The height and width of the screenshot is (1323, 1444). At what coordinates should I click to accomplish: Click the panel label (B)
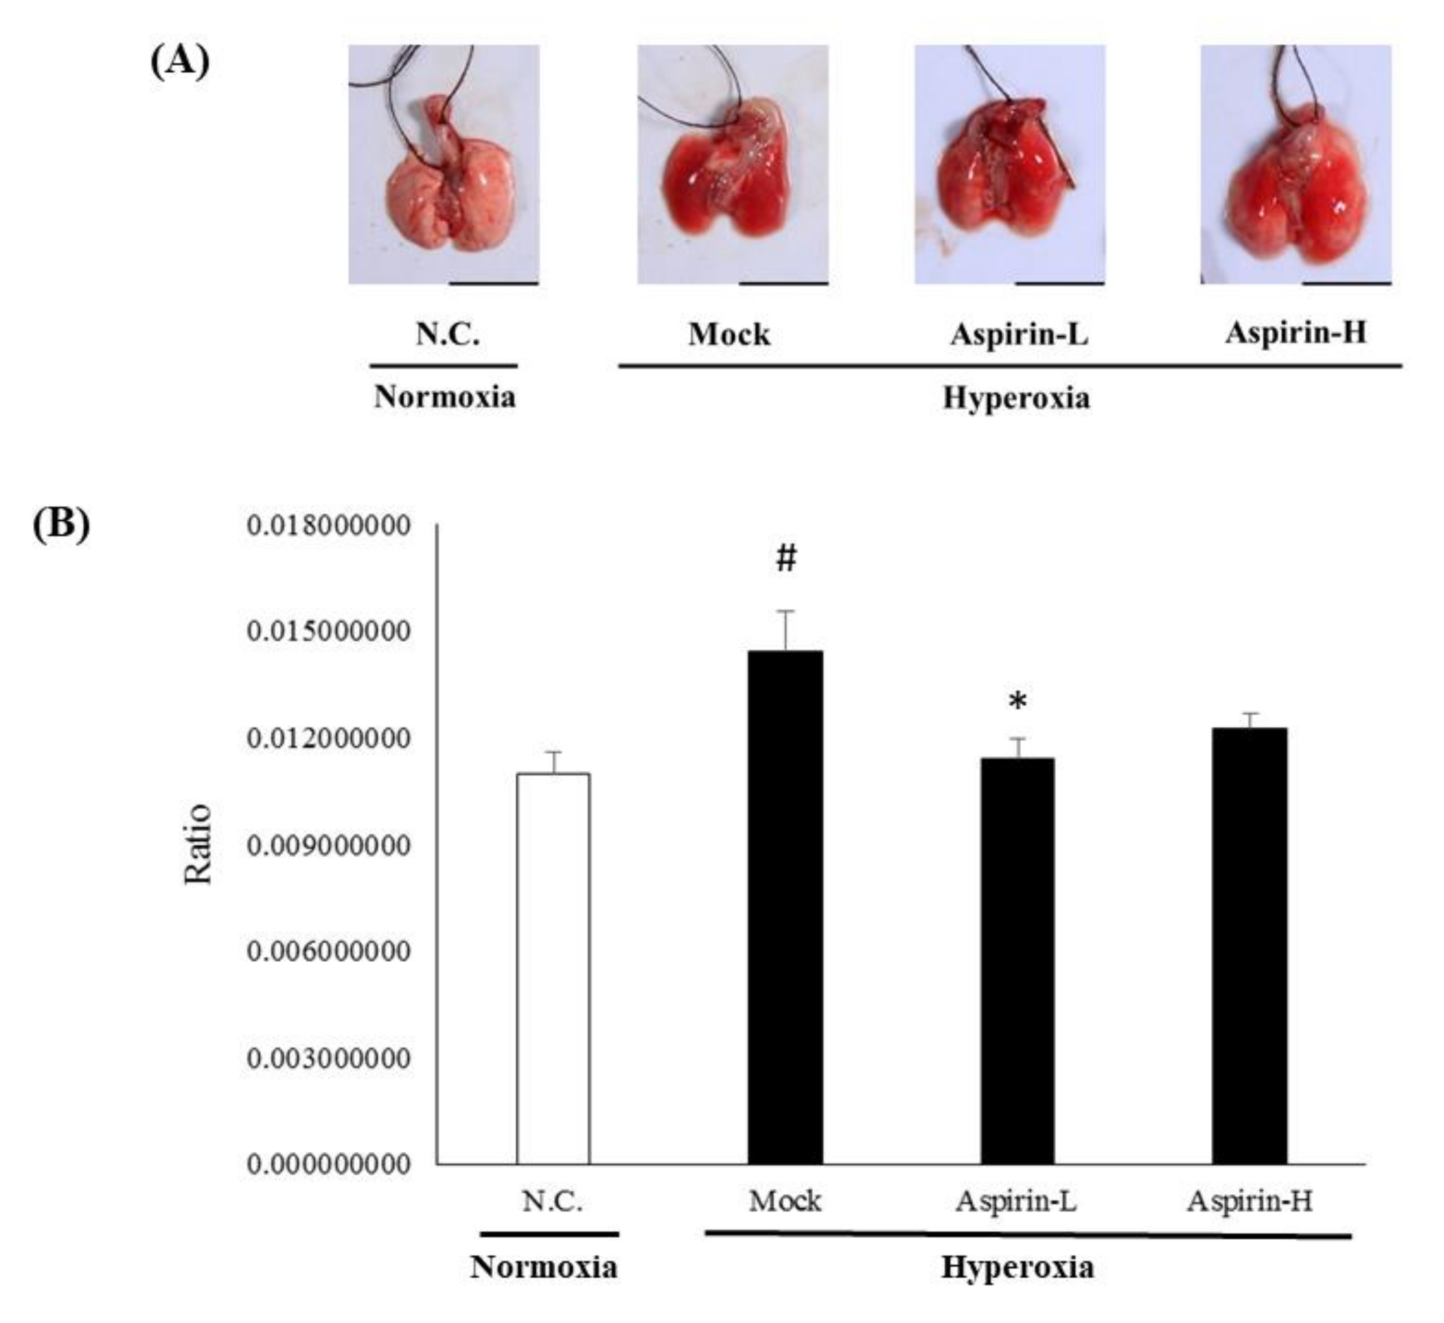(x=61, y=524)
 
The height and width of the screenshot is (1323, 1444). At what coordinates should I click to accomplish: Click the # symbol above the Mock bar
(x=786, y=558)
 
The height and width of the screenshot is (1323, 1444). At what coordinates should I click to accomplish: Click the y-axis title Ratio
(x=198, y=845)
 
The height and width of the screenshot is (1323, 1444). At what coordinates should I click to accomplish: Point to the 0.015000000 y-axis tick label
(x=329, y=632)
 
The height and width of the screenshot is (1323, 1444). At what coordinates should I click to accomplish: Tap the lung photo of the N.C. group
(x=443, y=164)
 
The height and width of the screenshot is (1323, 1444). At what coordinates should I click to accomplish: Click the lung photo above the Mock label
(x=733, y=164)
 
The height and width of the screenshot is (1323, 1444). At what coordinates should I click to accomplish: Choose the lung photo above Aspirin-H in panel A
(x=1296, y=164)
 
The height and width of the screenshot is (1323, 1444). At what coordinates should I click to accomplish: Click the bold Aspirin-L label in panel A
(x=1019, y=334)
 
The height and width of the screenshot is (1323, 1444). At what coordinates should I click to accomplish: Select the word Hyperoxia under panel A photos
(x=1016, y=398)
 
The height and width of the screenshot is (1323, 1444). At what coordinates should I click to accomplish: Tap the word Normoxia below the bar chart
(x=544, y=1267)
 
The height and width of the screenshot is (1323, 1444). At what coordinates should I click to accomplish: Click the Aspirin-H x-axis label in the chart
(x=1249, y=1201)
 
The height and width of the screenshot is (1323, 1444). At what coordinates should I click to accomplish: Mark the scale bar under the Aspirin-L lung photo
(x=1060, y=283)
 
